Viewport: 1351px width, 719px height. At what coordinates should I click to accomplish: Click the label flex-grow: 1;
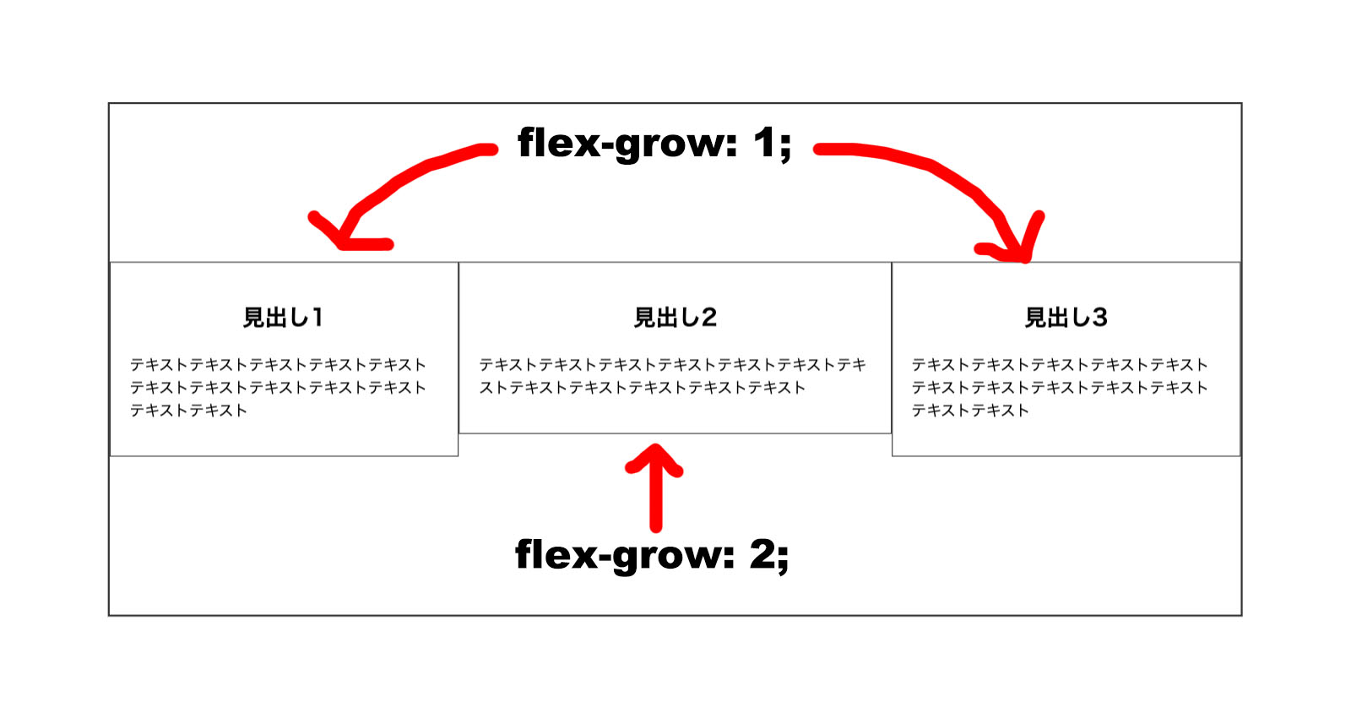(x=654, y=143)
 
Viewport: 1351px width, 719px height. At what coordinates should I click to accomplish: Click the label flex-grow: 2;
(x=652, y=555)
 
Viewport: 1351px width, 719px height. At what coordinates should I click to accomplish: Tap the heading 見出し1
(x=283, y=318)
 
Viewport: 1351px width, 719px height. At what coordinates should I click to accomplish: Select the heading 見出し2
(x=675, y=318)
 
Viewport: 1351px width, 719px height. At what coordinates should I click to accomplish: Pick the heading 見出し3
(x=1066, y=318)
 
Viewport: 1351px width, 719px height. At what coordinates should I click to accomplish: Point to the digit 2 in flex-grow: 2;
(x=763, y=554)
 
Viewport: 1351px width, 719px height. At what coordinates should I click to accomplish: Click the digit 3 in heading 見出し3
(x=1099, y=318)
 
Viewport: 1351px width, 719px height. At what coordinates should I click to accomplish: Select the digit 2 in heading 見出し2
(x=708, y=318)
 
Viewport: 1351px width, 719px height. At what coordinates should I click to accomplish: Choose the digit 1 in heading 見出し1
(x=317, y=318)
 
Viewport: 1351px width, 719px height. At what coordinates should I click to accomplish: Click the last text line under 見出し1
(x=188, y=411)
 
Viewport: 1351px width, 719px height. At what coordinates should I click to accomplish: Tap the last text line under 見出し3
(x=970, y=411)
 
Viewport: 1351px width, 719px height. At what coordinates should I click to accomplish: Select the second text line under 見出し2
(x=643, y=388)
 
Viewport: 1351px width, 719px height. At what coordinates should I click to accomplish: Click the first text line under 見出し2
(x=672, y=365)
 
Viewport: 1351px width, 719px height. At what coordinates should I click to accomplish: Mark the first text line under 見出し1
(x=278, y=365)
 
